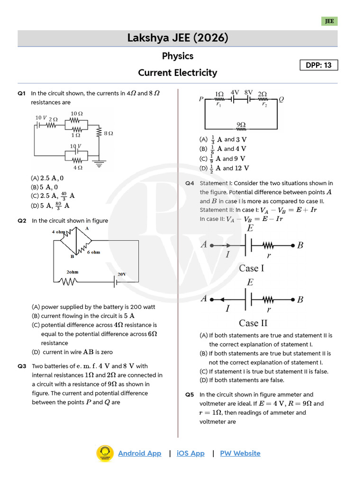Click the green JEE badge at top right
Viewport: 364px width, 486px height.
pos(329,21)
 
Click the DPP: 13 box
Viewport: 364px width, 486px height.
pos(319,65)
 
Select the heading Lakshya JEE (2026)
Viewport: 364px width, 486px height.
pos(178,38)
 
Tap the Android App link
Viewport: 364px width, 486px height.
pos(139,453)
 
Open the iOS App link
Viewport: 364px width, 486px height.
pos(191,453)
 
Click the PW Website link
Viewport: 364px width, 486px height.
pos(240,453)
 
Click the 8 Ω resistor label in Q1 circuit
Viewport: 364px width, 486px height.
pos(108,134)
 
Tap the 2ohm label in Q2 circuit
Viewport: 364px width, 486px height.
pos(72,272)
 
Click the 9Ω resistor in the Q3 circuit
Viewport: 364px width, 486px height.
pos(241,126)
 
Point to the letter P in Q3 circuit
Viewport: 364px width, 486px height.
pos(201,99)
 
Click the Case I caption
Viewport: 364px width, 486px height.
pos(252,268)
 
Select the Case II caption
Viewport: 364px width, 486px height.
pos(253,323)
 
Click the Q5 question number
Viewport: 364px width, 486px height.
pos(190,395)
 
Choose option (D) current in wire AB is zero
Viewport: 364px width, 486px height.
pos(73,352)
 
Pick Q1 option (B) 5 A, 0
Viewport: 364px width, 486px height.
pos(47,187)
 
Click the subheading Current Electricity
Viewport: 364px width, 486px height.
pos(177,73)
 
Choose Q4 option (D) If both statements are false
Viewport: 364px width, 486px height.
pos(242,380)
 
